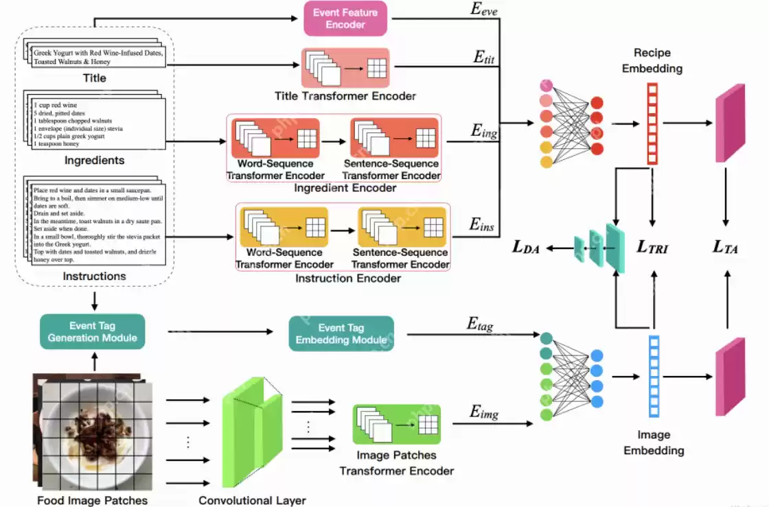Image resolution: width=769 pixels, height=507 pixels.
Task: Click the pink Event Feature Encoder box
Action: tap(345, 19)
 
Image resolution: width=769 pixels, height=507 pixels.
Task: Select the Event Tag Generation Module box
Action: tap(93, 331)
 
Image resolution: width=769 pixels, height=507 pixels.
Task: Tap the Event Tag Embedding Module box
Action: tap(341, 333)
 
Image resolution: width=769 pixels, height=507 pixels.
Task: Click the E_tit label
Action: tap(484, 58)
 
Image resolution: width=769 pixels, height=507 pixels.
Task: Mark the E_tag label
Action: tap(481, 324)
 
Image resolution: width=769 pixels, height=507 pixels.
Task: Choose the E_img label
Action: tap(484, 412)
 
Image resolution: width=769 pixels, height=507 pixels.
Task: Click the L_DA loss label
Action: tap(526, 247)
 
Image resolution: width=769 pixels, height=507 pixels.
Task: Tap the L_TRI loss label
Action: tap(652, 247)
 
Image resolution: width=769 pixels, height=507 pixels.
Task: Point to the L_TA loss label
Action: tap(725, 247)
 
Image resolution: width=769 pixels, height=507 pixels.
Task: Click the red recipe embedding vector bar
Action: tap(652, 123)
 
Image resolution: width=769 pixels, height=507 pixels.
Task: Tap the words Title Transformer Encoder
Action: tap(345, 96)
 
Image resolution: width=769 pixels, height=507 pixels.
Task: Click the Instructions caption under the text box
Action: tap(94, 276)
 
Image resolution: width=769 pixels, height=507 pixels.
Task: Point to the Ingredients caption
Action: tap(94, 161)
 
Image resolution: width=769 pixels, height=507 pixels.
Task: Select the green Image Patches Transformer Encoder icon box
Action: tap(396, 424)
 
